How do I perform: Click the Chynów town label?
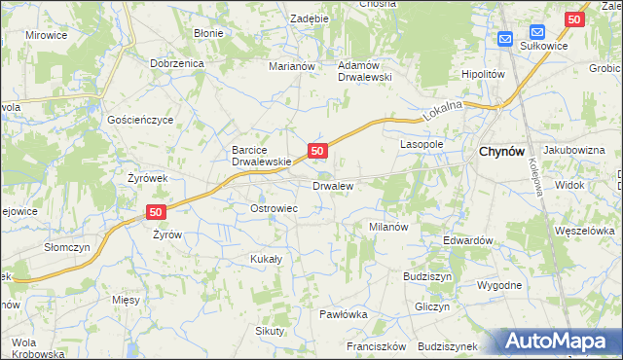[502, 153]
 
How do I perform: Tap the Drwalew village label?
[332, 185]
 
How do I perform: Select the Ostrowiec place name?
[274, 209]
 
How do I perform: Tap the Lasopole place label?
[421, 143]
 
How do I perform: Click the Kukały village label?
[266, 259]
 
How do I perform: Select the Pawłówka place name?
[344, 314]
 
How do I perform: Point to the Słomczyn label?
[67, 247]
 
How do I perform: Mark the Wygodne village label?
[499, 285]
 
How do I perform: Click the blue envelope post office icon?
[505, 39]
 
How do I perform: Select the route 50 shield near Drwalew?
[317, 151]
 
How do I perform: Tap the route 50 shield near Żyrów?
[156, 211]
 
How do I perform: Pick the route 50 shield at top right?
[573, 18]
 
